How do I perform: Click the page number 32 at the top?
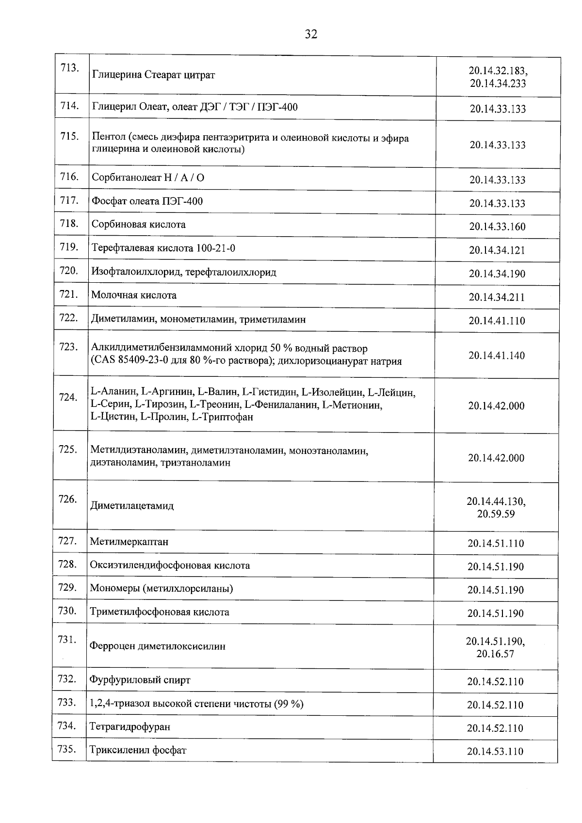[311, 34]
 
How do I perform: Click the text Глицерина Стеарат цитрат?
[153, 75]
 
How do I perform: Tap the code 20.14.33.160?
[497, 227]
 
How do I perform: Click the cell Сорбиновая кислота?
[139, 225]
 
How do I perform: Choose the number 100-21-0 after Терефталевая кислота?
[216, 248]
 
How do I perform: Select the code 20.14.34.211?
[497, 297]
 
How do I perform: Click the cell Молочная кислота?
[134, 295]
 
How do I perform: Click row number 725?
[68, 450]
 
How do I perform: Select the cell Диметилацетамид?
[132, 506]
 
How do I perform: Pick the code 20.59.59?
[496, 514]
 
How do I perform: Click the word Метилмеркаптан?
[129, 542]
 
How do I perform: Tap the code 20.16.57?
[495, 654]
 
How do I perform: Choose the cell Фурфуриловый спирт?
[140, 680]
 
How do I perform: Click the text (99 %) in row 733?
[289, 704]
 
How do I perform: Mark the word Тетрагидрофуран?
[130, 727]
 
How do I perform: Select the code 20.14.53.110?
[495, 752]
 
